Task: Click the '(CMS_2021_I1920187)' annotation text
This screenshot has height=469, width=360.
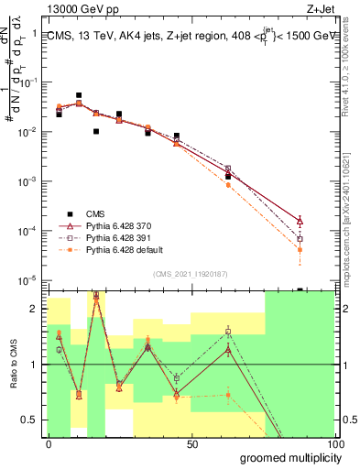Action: click(191, 273)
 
